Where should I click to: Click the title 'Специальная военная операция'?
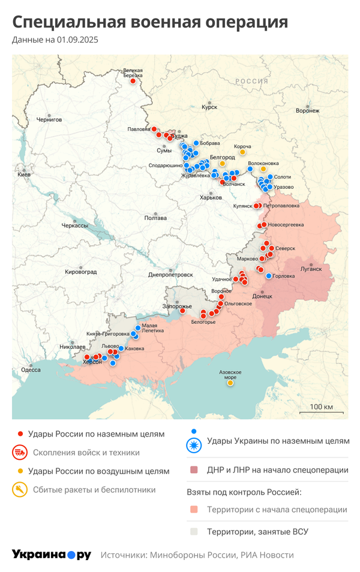coord(150,22)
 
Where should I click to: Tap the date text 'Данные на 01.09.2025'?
coord(55,40)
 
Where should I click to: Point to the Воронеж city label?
coord(308,110)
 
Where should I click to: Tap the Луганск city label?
coord(311,269)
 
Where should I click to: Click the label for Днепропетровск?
coord(170,274)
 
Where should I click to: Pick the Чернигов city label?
coord(49,119)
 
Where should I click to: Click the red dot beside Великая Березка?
coord(133,82)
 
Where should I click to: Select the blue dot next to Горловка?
coord(269,276)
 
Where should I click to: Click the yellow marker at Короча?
coord(242,152)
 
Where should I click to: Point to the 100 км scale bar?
coord(321,412)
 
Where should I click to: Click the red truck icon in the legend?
coord(20,453)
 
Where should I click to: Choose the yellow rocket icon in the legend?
coord(20,490)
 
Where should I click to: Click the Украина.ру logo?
coord(52,555)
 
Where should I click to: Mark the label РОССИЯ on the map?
coord(251,81)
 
